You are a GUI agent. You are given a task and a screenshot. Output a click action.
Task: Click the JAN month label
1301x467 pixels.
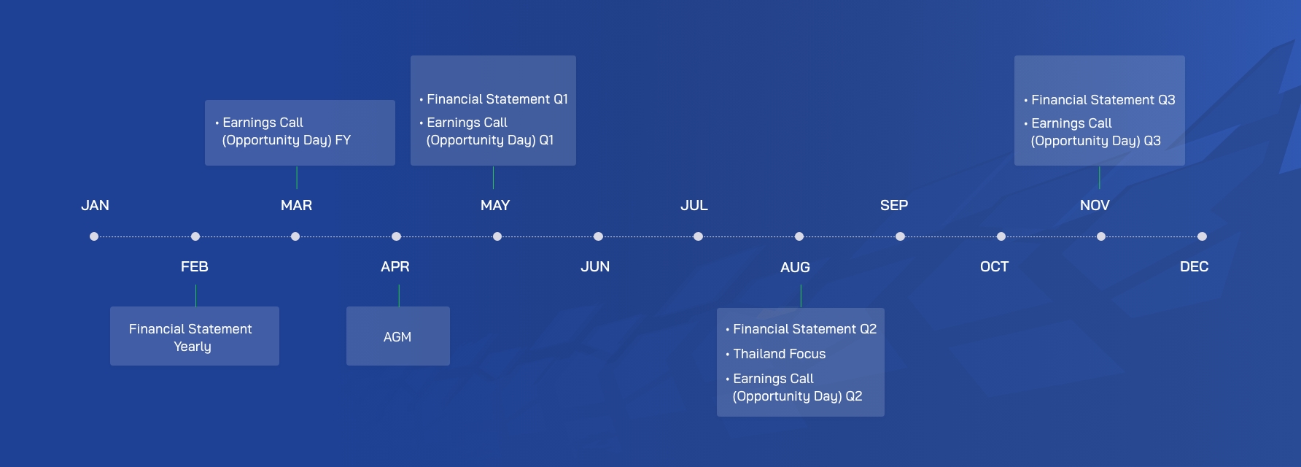tap(95, 206)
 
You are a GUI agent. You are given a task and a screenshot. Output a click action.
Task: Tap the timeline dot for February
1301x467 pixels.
tap(195, 236)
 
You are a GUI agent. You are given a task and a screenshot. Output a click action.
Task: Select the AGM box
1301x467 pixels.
tap(398, 336)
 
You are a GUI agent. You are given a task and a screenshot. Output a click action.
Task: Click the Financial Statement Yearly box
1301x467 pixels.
tap(195, 336)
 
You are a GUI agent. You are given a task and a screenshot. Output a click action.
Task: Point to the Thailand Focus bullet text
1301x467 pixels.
tap(779, 354)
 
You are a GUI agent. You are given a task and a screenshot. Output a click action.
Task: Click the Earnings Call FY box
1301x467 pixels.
tap(300, 133)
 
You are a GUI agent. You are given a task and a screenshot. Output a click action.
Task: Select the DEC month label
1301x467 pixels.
tap(1194, 267)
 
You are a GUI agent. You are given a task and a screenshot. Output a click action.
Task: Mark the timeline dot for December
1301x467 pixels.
tap(1202, 236)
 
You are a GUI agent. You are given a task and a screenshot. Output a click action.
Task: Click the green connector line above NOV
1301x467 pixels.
tap(1100, 177)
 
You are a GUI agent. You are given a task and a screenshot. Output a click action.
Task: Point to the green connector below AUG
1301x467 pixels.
tap(801, 296)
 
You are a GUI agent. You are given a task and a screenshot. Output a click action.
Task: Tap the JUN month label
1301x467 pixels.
tap(595, 267)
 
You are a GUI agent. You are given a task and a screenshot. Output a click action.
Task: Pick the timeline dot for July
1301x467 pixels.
tap(698, 236)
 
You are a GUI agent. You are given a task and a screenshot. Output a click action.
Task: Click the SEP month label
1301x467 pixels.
tap(894, 206)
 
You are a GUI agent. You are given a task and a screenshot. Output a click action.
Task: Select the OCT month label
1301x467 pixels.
tap(994, 267)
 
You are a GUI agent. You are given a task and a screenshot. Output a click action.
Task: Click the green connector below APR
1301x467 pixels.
tap(399, 296)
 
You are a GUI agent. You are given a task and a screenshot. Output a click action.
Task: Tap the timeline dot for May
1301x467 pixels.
tap(497, 236)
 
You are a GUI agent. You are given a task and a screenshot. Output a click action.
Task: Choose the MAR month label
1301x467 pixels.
tap(296, 206)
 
